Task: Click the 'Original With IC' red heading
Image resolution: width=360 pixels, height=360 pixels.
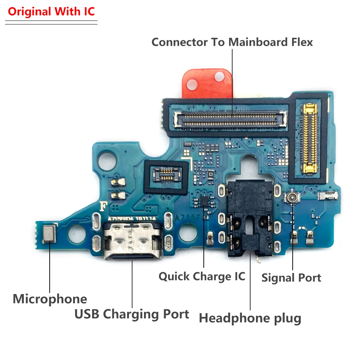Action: tap(51, 12)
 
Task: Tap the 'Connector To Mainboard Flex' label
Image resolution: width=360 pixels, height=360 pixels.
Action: tap(232, 42)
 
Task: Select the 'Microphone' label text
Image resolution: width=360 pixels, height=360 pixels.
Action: tap(50, 299)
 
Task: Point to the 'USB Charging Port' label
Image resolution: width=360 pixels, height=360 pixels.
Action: tap(132, 314)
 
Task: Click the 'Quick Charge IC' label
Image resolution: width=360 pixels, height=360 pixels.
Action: tap(202, 276)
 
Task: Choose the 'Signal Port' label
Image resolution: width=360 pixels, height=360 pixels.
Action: tap(291, 278)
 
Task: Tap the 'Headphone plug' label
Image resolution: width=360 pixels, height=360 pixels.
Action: tap(250, 318)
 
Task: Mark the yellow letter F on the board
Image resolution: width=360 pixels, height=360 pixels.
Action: tap(104, 206)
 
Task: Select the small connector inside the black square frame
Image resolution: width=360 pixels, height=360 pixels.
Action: tap(166, 176)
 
